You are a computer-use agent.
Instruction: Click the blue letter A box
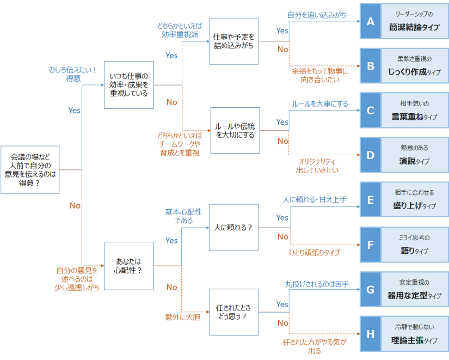(371, 21)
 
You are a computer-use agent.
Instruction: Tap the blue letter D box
(371, 155)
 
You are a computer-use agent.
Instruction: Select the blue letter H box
(371, 333)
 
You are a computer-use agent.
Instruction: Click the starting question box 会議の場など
(29, 170)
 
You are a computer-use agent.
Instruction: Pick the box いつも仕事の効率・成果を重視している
(128, 85)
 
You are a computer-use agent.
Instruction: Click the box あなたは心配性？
(128, 265)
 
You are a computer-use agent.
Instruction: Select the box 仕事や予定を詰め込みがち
(234, 41)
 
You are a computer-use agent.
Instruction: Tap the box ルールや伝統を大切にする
(234, 131)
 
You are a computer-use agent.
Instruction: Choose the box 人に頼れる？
(234, 227)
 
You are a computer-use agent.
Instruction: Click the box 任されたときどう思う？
(234, 312)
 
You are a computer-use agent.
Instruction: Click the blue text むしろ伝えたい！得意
(72, 74)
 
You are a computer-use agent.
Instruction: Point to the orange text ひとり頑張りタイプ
(314, 253)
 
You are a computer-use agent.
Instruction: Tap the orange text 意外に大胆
(183, 316)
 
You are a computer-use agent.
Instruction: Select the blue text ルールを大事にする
(319, 103)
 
